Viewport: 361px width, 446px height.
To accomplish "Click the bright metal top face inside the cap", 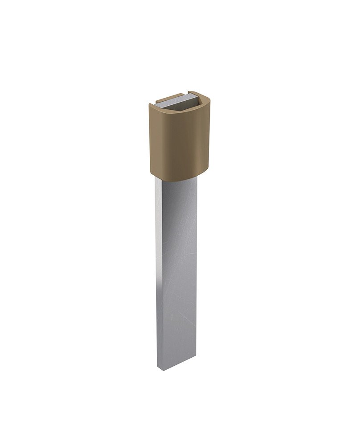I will coord(176,101).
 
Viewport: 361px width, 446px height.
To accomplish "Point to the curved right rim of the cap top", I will coord(206,100).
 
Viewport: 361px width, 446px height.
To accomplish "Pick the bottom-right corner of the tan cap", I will coord(209,167).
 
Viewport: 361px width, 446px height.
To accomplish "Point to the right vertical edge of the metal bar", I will coord(196,268).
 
